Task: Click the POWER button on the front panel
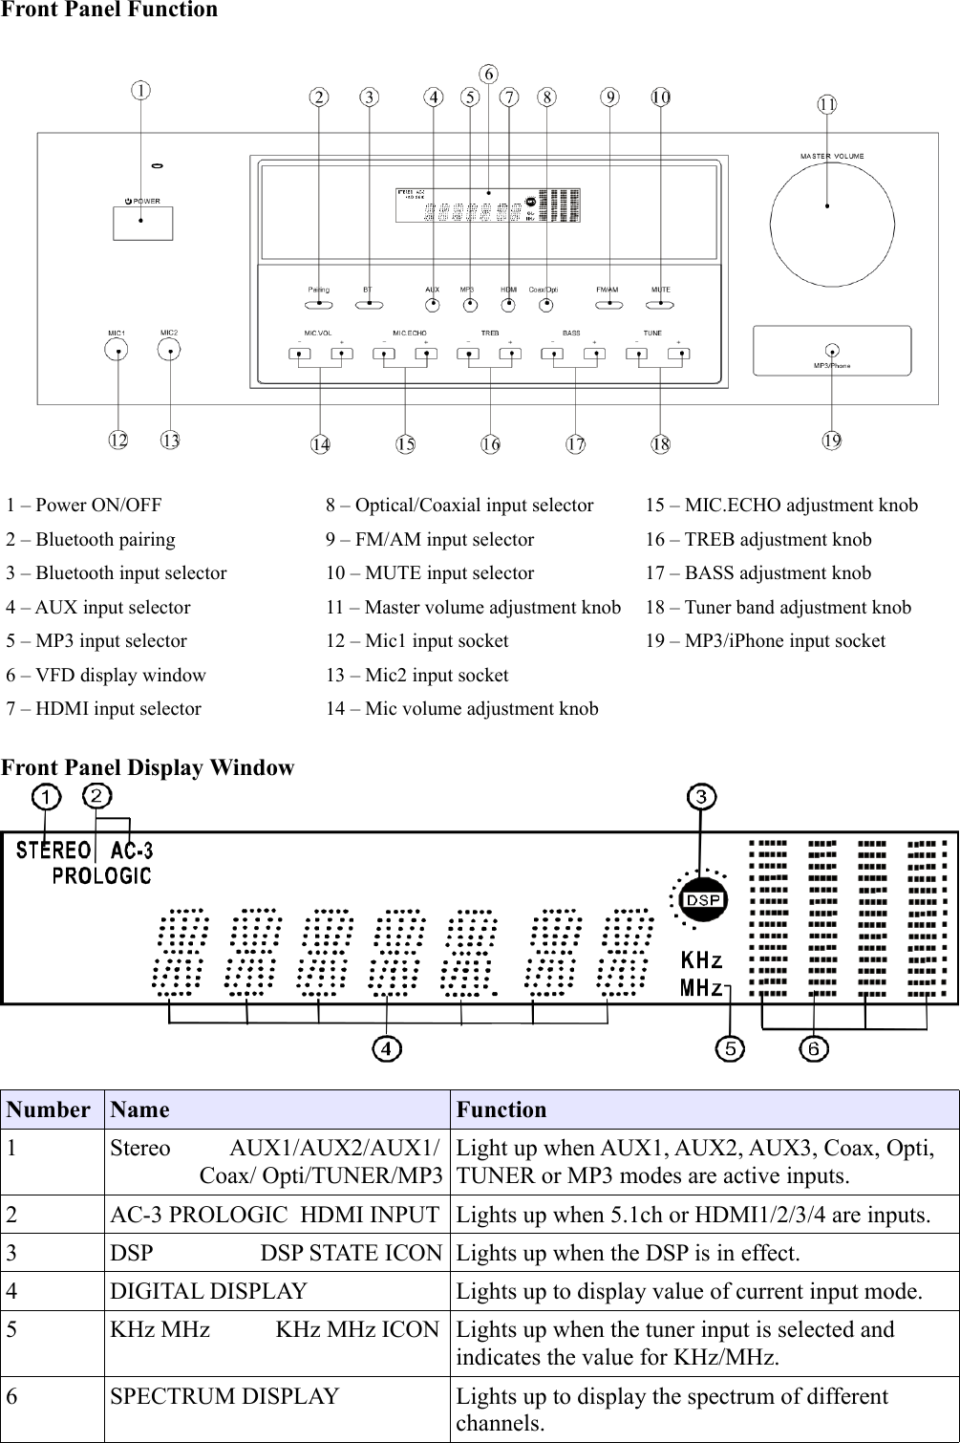click(x=142, y=222)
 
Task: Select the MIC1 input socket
click(x=117, y=351)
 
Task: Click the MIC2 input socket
click(x=170, y=351)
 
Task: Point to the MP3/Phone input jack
click(x=833, y=351)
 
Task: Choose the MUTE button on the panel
click(x=660, y=305)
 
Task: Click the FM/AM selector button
click(x=608, y=305)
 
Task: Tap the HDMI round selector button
click(x=509, y=306)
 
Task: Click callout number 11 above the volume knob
click(x=827, y=104)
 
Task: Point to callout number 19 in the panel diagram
click(x=832, y=440)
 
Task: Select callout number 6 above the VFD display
click(x=487, y=74)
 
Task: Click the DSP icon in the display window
click(x=702, y=900)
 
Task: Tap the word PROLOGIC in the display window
click(x=101, y=875)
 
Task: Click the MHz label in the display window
click(x=701, y=987)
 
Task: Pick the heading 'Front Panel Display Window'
click(x=148, y=767)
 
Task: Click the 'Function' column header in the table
click(x=501, y=1109)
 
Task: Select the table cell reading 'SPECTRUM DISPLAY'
click(x=224, y=1396)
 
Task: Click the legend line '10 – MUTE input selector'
click(x=430, y=573)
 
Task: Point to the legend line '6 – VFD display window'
click(x=106, y=675)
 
